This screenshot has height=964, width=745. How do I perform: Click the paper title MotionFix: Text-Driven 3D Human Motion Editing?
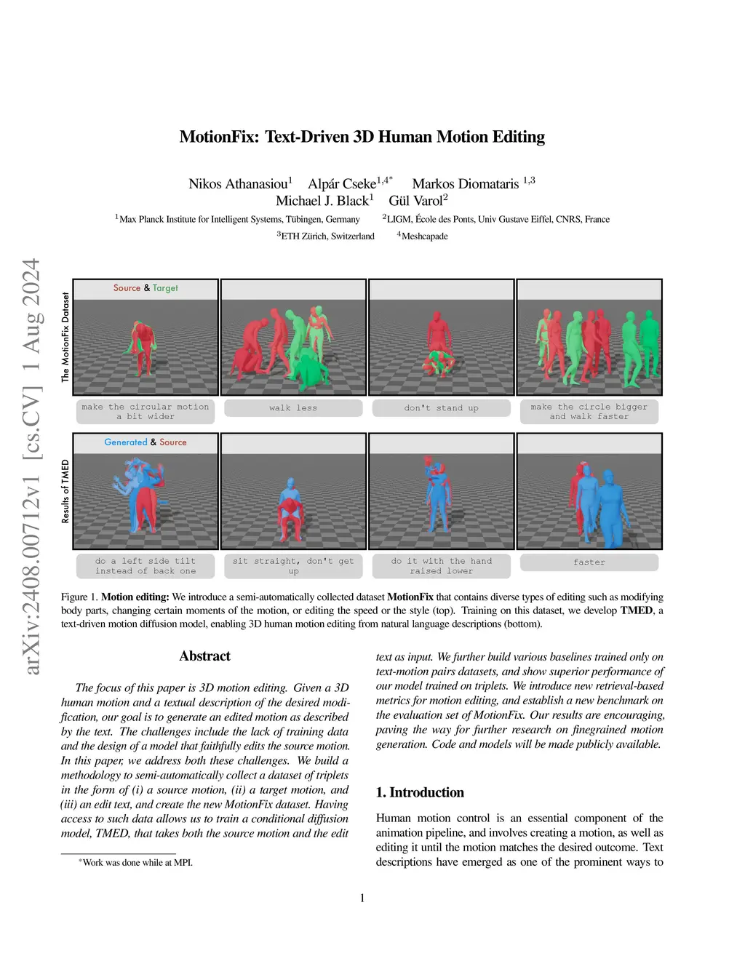[x=362, y=137]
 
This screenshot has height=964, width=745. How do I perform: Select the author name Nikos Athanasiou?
[x=238, y=183]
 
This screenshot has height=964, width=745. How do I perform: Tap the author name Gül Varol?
[x=415, y=201]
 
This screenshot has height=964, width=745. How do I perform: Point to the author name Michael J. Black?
[x=322, y=201]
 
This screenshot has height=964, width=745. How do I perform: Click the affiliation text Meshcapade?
[x=424, y=236]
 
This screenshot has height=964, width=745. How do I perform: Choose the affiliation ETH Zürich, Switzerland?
[x=327, y=236]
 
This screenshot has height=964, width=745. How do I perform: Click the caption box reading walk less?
[x=293, y=408]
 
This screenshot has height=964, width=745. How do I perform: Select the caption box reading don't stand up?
[x=441, y=408]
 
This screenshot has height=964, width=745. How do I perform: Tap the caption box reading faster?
[x=589, y=562]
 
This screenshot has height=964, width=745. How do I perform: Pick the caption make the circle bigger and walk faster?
[x=589, y=412]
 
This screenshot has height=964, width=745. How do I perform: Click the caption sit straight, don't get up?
[x=293, y=566]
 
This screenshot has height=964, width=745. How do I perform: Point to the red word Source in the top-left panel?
[x=127, y=288]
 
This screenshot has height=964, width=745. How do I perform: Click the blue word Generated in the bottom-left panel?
[x=125, y=442]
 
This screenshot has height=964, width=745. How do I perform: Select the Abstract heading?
[x=204, y=656]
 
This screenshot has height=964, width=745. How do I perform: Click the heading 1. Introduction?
[x=420, y=792]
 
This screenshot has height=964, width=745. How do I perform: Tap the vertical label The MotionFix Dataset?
[x=65, y=338]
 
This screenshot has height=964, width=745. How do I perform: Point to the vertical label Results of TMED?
[x=65, y=492]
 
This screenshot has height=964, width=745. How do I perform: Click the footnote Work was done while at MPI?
[x=138, y=863]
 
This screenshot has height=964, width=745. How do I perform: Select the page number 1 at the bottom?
[x=362, y=898]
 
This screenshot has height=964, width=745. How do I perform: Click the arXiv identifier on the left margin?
[x=31, y=466]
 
